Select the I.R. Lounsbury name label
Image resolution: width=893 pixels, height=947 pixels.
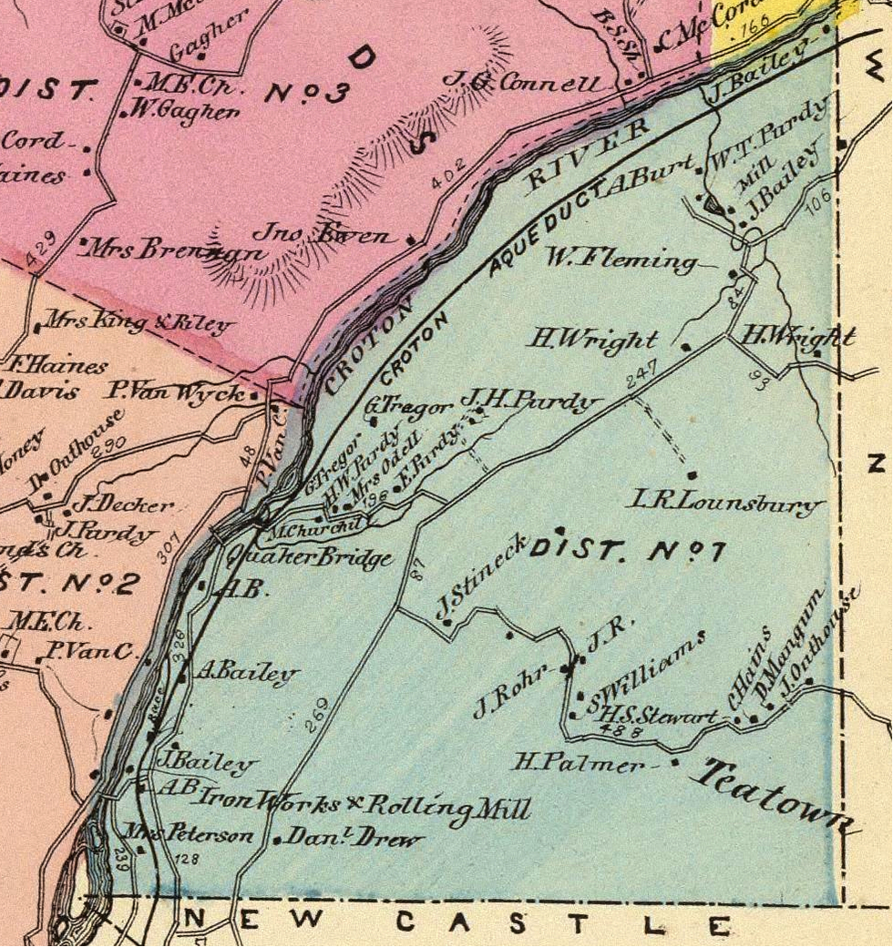pyautogui.click(x=728, y=501)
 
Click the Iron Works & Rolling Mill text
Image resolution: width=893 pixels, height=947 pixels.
pyautogui.click(x=362, y=805)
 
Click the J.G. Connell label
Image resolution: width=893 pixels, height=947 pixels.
pyautogui.click(x=522, y=82)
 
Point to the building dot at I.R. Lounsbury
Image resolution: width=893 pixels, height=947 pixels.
pyautogui.click(x=693, y=475)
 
